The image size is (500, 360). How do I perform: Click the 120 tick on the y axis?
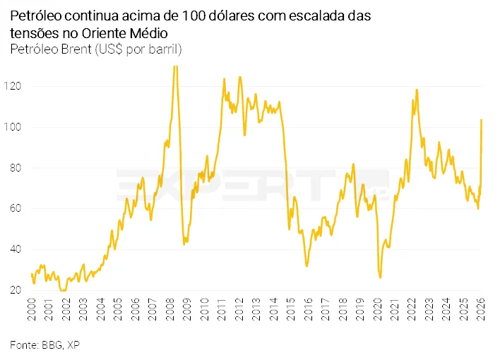[16, 86]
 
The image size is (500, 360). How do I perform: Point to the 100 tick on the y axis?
[16, 127]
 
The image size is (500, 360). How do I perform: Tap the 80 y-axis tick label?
[17, 168]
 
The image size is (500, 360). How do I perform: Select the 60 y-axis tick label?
[17, 209]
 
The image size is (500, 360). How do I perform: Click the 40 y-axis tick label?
[17, 250]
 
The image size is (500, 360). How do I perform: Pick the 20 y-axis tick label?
[17, 290]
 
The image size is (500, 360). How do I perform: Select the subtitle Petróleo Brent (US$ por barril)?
[96, 49]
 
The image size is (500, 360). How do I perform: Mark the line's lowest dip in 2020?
[380, 277]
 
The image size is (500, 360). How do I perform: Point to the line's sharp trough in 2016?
[306, 265]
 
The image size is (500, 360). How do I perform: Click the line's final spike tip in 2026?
[481, 119]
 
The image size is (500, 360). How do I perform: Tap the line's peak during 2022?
[417, 90]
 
